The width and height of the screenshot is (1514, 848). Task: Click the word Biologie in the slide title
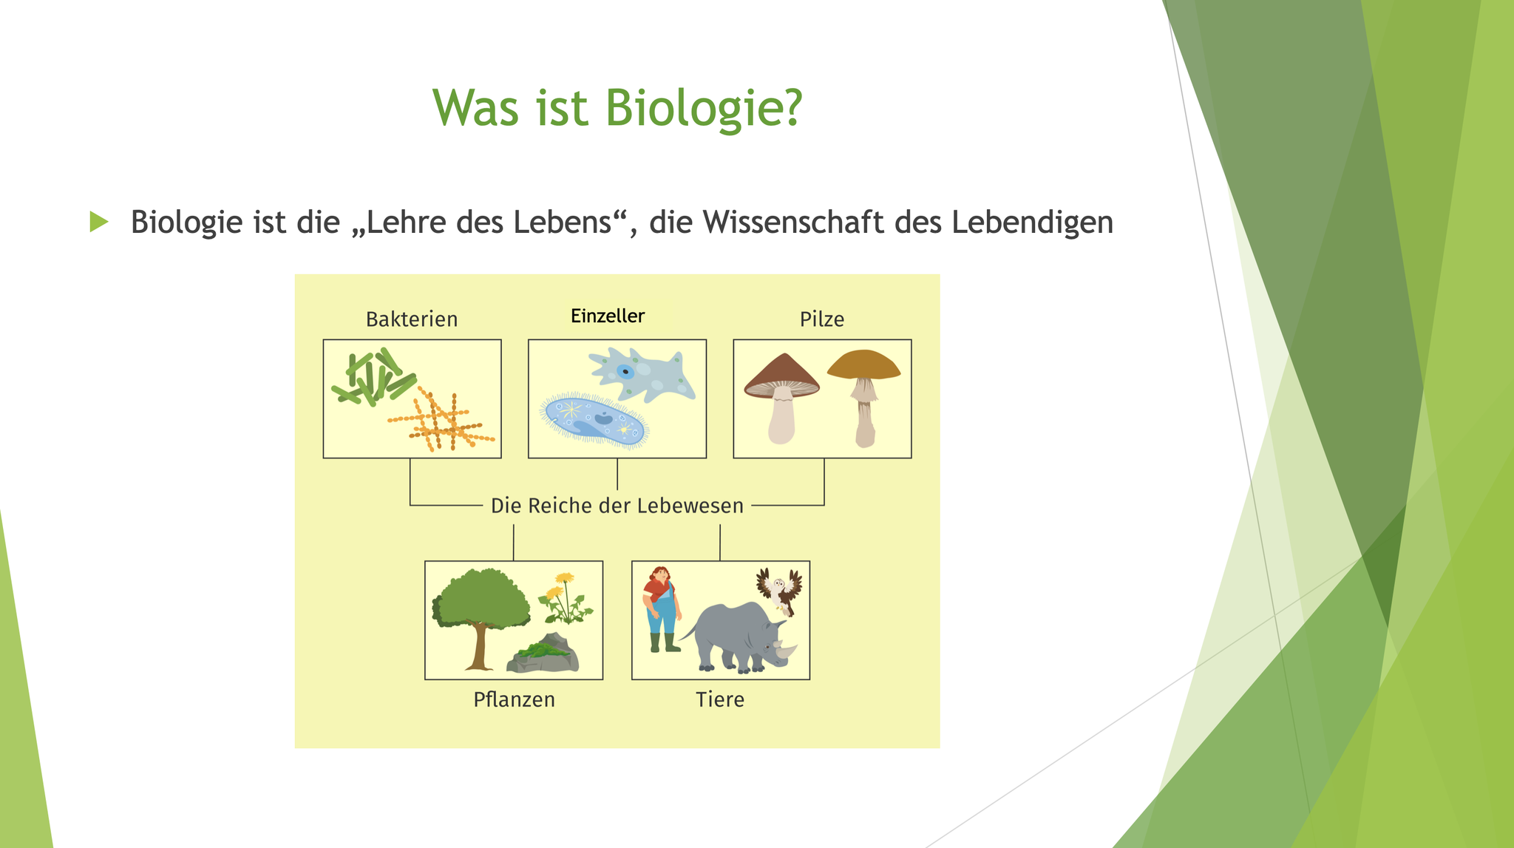(x=703, y=109)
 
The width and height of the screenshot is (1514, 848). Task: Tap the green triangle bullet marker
(x=98, y=221)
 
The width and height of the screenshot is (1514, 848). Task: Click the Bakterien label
(x=412, y=319)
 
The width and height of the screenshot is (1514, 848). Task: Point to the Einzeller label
(x=608, y=316)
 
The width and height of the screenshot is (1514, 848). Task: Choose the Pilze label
(x=822, y=319)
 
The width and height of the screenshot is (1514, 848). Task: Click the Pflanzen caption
(x=514, y=699)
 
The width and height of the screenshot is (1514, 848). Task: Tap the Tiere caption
(x=720, y=699)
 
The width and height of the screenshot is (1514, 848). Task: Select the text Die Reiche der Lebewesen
(x=617, y=506)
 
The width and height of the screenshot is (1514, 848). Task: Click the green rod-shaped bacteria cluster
(x=373, y=377)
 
